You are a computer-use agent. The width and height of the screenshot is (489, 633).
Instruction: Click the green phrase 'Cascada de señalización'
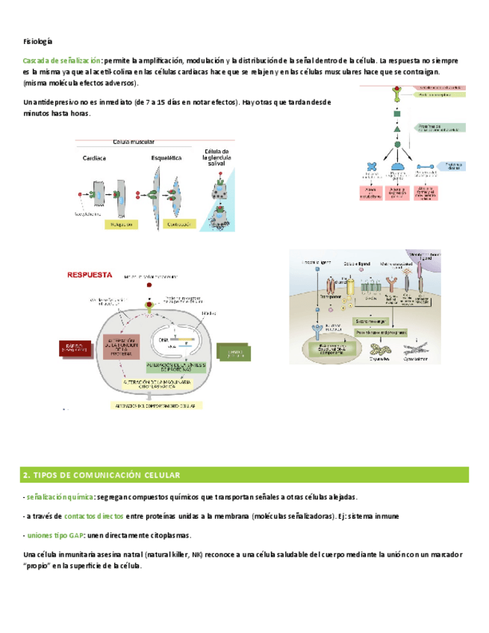[x=61, y=60]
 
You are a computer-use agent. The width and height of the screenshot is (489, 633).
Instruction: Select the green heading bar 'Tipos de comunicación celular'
[x=244, y=475]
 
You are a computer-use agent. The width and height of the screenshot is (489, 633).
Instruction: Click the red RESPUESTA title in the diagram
[x=90, y=274]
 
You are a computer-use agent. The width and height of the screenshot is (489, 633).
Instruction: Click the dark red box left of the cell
[x=80, y=349]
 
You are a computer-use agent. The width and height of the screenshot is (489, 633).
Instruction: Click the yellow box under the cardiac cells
[x=122, y=224]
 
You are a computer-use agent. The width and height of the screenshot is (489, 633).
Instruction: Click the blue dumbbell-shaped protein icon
[x=426, y=167]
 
